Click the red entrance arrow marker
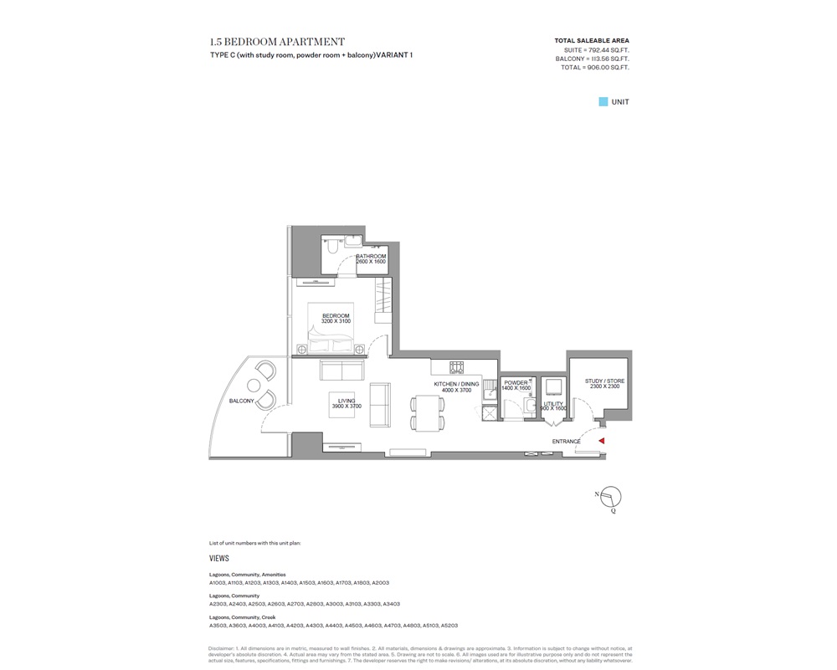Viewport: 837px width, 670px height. coord(601,441)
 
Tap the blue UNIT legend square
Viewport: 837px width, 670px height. coord(603,102)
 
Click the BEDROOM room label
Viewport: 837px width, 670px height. coord(336,316)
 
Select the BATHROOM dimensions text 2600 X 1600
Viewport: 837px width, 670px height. coord(371,263)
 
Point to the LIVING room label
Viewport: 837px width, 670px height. coord(347,401)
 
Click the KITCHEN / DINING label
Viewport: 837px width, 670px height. coord(456,384)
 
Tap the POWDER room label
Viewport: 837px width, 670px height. coord(516,383)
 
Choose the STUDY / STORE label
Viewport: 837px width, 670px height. coord(604,381)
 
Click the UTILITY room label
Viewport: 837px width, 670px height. coord(554,403)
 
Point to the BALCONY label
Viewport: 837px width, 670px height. coord(242,401)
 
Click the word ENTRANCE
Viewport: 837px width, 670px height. coord(566,442)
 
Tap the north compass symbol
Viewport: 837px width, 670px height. coord(612,498)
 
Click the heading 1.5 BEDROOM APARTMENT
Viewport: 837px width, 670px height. coord(277,42)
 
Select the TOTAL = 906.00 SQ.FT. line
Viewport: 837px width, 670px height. coord(594,68)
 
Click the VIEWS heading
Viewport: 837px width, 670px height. coord(219,558)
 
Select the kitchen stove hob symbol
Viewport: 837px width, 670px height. coord(457,366)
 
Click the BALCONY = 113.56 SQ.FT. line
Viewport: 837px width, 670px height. coord(592,59)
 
